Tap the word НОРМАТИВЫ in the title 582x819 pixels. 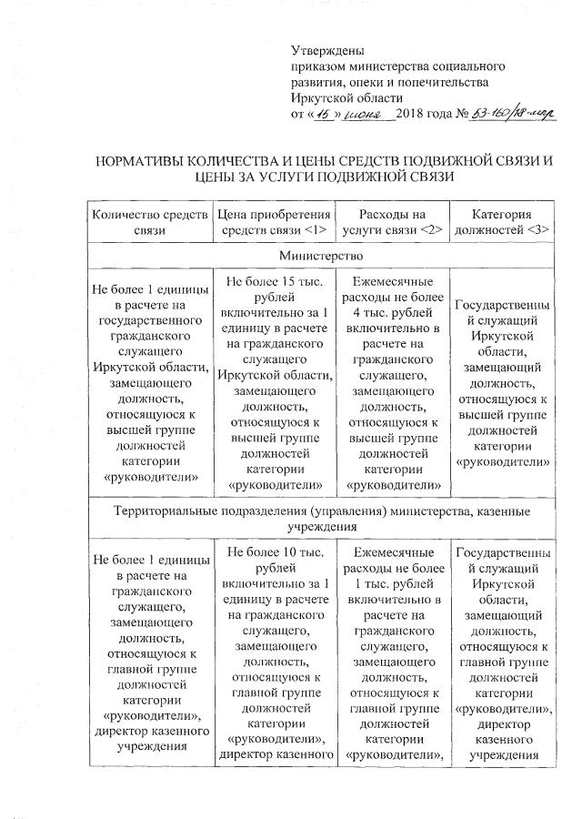(x=149, y=162)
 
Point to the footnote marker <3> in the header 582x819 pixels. (x=533, y=230)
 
